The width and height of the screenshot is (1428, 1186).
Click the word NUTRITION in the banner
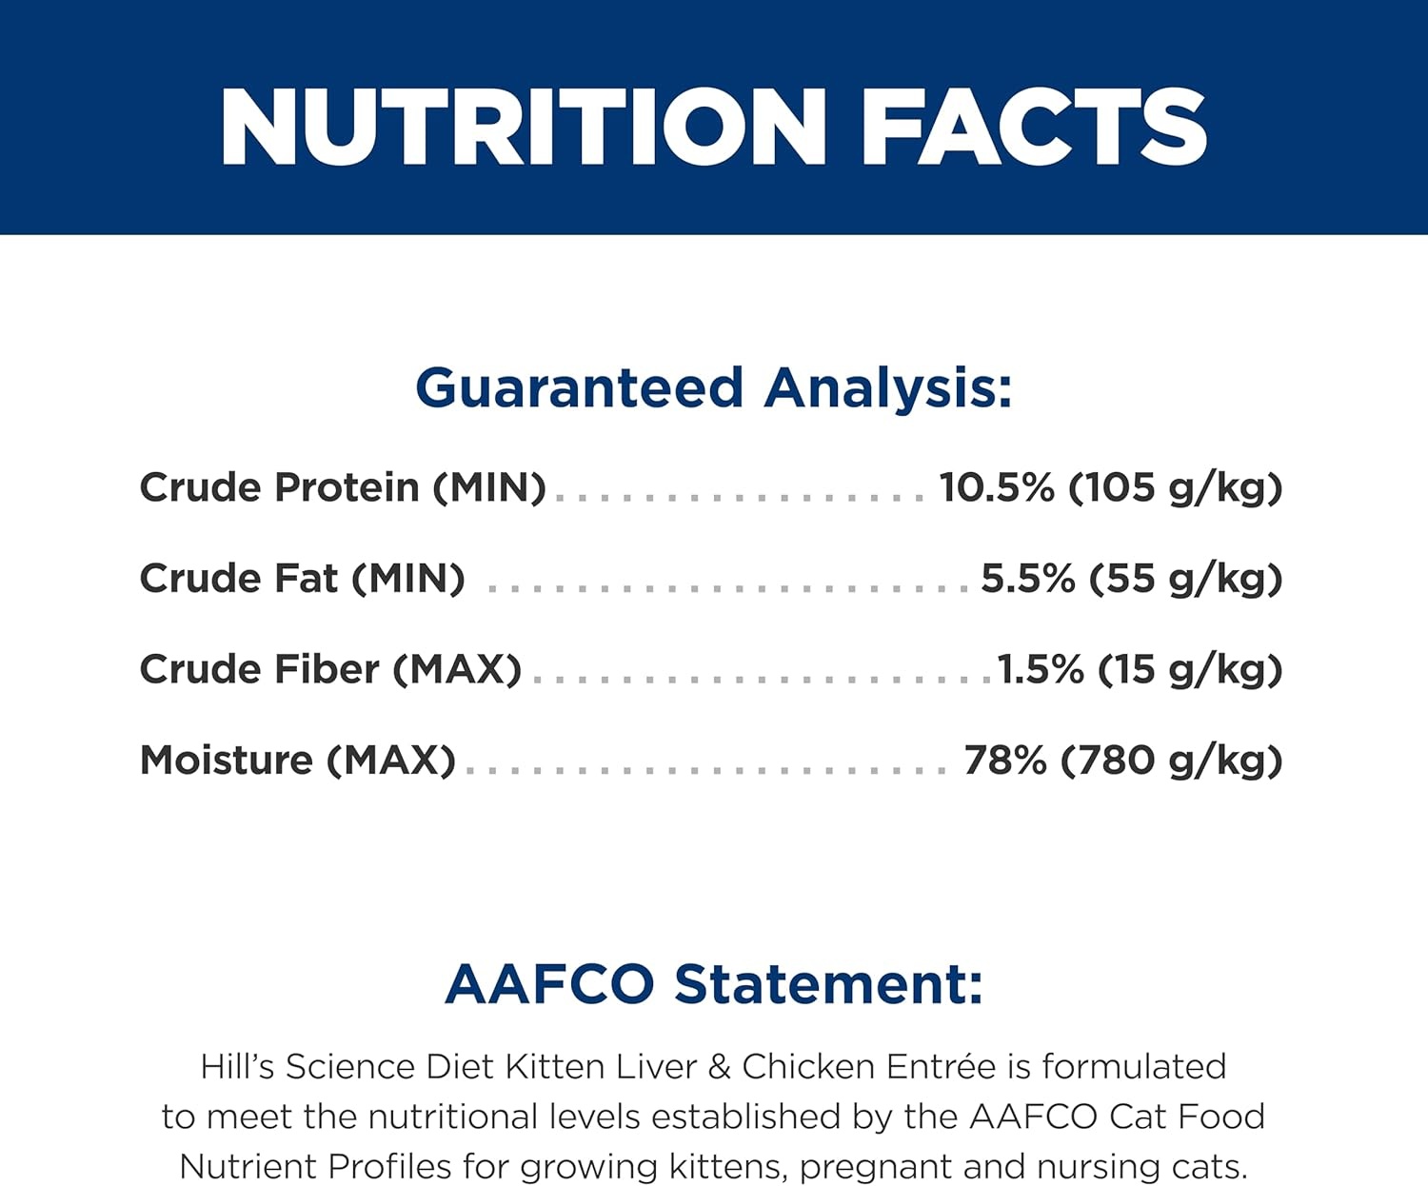coord(524,128)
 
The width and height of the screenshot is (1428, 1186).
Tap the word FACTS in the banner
coord(1035,128)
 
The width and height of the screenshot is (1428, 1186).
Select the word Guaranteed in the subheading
coord(579,388)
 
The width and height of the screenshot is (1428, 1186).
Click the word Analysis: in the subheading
coord(887,387)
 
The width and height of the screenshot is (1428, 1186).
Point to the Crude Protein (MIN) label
coord(343,488)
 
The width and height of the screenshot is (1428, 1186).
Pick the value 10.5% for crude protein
coord(997,487)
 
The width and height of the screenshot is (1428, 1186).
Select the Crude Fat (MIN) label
coord(303,579)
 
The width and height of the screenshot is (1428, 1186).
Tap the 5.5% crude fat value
coord(1028,579)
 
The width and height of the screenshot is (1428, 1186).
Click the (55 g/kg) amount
coord(1185,580)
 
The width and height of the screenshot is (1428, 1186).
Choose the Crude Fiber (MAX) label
coord(330,669)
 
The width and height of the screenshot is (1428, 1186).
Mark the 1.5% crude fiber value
coord(1041,669)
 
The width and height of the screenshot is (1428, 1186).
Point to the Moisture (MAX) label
coord(297,761)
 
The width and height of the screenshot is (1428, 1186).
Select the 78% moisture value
coord(1004,761)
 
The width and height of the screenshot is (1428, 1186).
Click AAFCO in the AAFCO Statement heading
coord(550,985)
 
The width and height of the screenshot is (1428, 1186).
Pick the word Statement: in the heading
coord(829,985)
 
